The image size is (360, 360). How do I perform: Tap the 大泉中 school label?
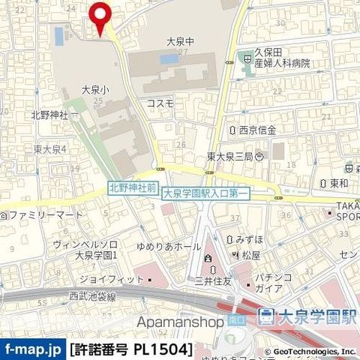180,42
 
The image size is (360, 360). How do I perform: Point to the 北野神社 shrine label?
49,115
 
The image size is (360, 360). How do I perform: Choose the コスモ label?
160,103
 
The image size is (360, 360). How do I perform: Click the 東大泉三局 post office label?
230,157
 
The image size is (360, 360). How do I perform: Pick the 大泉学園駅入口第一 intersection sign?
205,193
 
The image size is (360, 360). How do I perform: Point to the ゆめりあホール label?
169,246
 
